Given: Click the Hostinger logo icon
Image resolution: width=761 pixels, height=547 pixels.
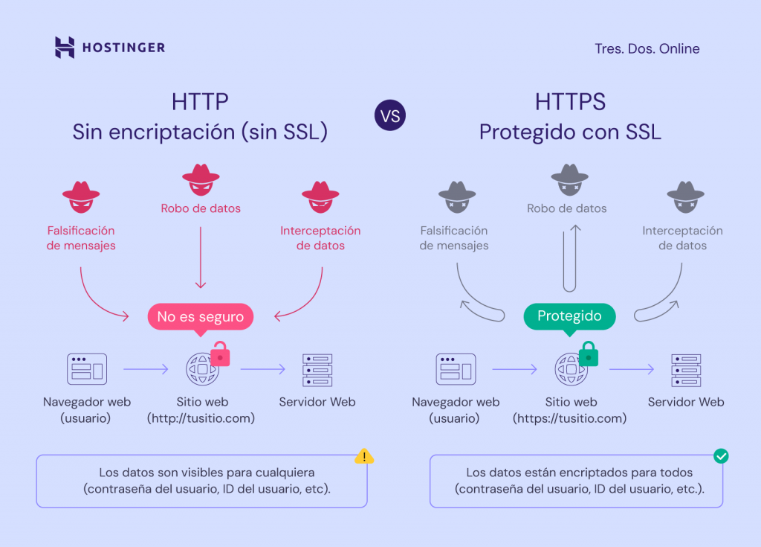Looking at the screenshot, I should pos(65,48).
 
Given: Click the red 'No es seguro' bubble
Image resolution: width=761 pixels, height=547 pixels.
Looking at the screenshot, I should pos(201,316).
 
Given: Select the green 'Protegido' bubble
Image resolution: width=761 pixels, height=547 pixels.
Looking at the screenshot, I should pos(570,316).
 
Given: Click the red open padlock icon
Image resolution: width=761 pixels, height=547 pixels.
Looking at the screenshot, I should pos(220,354).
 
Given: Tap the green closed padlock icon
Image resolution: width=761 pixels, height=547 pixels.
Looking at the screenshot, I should pos(589,354).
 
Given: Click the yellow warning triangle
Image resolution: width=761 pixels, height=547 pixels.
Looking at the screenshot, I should pos(363,456).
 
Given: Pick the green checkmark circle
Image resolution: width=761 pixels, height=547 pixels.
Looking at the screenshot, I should pos(720,455).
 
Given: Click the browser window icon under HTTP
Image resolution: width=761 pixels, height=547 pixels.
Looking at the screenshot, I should pos(86,369).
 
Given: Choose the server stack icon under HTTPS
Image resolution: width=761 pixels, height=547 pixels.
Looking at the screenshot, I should pos(686,370).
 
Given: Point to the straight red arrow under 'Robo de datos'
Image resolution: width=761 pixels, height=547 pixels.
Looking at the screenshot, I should pos(200,257).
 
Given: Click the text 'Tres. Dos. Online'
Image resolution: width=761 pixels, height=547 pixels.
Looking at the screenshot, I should pos(647,49).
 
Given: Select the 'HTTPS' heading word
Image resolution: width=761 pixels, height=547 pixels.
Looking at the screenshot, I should pos(570,102).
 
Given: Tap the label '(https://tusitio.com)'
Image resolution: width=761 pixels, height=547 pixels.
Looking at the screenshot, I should pos(569,418).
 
